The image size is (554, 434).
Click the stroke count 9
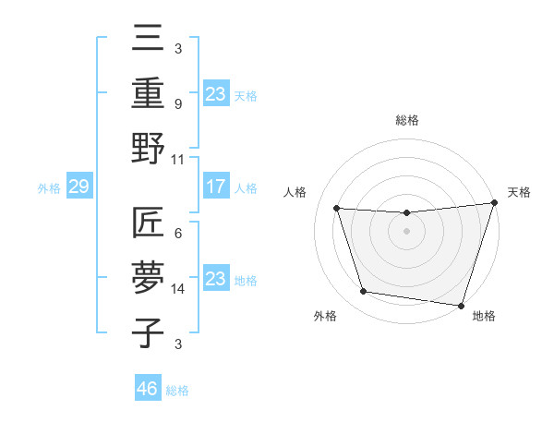(178, 103)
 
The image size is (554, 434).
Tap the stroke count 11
(178, 159)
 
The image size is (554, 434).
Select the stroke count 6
(178, 234)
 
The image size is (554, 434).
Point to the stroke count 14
(178, 289)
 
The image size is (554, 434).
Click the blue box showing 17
(215, 187)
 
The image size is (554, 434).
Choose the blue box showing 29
(78, 187)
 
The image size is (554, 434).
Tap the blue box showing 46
(148, 389)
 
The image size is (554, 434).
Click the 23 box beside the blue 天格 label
(215, 93)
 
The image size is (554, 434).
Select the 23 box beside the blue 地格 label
(215, 280)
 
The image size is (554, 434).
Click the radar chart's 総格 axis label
(406, 120)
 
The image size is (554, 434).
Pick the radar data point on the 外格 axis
(363, 292)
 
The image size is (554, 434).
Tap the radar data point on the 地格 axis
(461, 305)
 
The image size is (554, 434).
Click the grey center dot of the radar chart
(406, 231)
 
